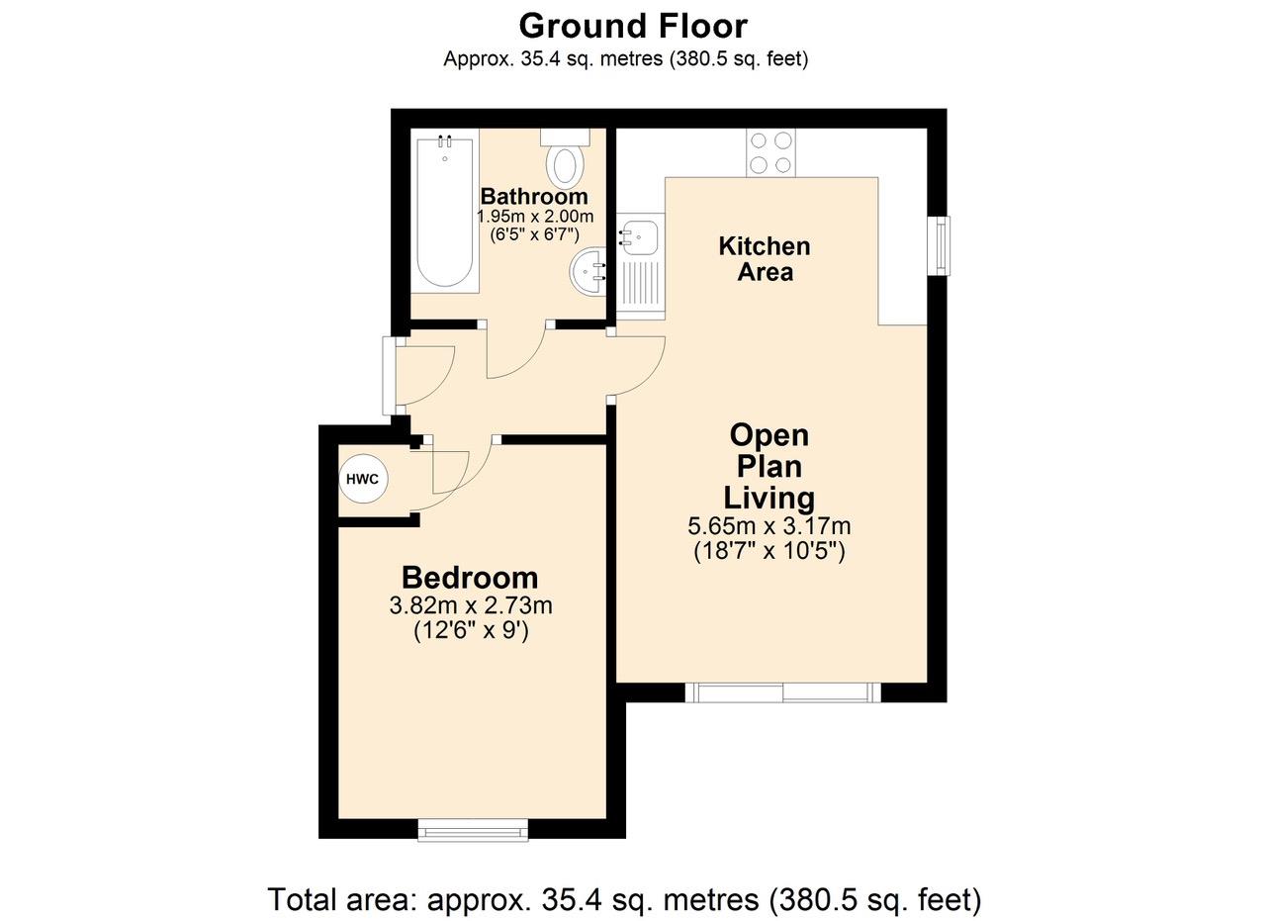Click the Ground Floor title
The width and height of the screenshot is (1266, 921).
click(x=633, y=26)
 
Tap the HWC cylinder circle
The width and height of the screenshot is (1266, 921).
click(x=362, y=480)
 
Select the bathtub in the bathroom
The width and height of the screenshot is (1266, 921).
click(x=445, y=211)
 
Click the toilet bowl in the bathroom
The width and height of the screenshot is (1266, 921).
click(x=565, y=166)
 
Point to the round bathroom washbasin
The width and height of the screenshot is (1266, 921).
click(x=588, y=272)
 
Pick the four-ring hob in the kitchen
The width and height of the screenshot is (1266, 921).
click(x=770, y=152)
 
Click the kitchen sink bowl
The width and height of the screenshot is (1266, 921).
click(x=639, y=238)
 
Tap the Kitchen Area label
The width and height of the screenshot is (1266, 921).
click(x=765, y=259)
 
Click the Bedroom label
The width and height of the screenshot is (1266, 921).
click(x=470, y=578)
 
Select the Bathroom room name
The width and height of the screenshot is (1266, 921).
click(x=534, y=196)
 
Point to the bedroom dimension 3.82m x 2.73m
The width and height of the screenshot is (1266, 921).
click(x=471, y=606)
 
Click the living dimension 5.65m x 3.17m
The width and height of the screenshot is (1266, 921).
click(x=769, y=526)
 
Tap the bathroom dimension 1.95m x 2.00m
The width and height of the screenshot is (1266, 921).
click(x=535, y=217)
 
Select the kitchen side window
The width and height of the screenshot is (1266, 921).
click(x=941, y=246)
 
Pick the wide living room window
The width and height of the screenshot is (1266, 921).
click(x=783, y=692)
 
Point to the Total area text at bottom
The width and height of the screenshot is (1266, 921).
click(x=624, y=900)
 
